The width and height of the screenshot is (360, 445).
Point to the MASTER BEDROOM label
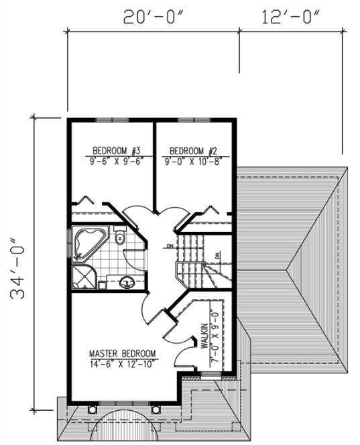[123, 353]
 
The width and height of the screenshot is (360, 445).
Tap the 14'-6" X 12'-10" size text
[123, 364]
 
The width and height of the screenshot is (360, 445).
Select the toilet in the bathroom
[120, 237]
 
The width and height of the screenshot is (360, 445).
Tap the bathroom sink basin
[126, 283]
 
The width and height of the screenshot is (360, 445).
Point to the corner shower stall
[83, 277]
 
